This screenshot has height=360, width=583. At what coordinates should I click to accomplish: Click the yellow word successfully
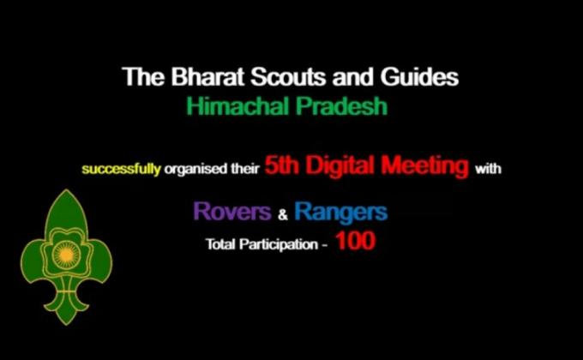tap(121, 169)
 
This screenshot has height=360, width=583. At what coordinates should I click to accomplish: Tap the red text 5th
tap(281, 166)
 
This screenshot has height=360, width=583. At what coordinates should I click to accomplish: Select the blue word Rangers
tap(340, 211)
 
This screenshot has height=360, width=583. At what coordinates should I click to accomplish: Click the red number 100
tap(355, 243)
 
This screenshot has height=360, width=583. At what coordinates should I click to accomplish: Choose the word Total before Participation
tap(219, 245)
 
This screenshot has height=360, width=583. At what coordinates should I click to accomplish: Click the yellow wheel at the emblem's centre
tap(65, 254)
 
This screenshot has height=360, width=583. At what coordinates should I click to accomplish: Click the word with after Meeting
tap(488, 169)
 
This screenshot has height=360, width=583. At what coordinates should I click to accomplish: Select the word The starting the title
tap(138, 77)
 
